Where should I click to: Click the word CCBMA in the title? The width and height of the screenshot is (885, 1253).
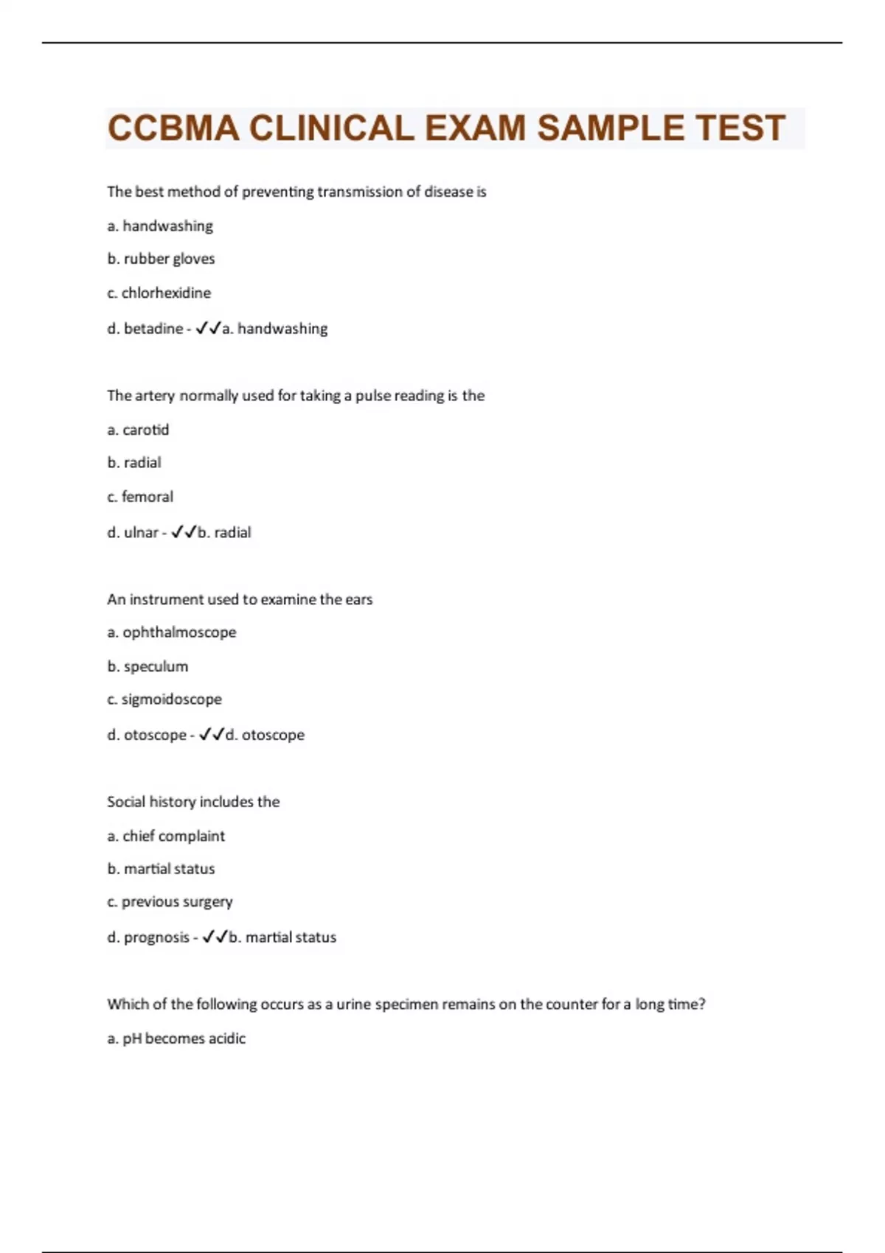174,128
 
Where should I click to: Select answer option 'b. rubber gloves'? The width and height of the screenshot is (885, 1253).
161,259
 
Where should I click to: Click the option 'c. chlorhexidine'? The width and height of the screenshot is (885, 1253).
159,293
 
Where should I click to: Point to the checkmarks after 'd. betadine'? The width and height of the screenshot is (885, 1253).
209,329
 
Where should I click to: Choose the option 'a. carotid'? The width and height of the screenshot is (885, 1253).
138,430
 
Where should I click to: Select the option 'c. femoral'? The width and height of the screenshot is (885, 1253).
140,497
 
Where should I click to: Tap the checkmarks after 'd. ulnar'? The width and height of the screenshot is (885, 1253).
184,532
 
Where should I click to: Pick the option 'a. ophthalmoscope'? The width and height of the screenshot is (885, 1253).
172,632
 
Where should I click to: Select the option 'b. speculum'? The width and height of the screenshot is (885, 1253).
147,666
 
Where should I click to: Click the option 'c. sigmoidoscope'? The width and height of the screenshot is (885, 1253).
164,699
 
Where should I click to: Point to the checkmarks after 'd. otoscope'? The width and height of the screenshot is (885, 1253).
212,735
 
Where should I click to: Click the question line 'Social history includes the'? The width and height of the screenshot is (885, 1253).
193,802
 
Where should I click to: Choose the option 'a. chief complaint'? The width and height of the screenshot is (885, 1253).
166,836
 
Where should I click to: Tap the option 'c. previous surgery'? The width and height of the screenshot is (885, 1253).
170,902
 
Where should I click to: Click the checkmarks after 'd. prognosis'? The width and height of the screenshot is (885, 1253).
215,938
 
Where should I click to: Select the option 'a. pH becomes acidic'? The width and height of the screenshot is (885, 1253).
176,1039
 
